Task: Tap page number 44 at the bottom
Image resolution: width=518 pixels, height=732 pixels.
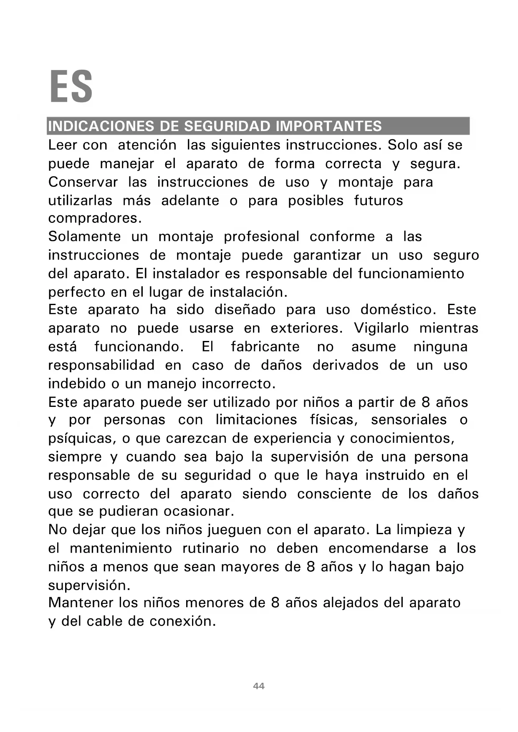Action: click(259, 686)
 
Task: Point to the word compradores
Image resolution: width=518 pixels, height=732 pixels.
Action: click(95, 218)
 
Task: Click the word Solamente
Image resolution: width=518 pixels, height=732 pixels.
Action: click(84, 237)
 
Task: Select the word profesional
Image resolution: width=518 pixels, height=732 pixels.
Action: click(261, 237)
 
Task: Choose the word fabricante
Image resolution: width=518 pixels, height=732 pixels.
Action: click(265, 347)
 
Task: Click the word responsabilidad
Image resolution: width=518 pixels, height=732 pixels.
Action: click(101, 365)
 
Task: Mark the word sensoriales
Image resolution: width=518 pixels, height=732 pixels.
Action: click(409, 420)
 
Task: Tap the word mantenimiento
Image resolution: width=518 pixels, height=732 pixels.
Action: click(121, 548)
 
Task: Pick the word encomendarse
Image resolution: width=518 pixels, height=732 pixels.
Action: click(378, 548)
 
